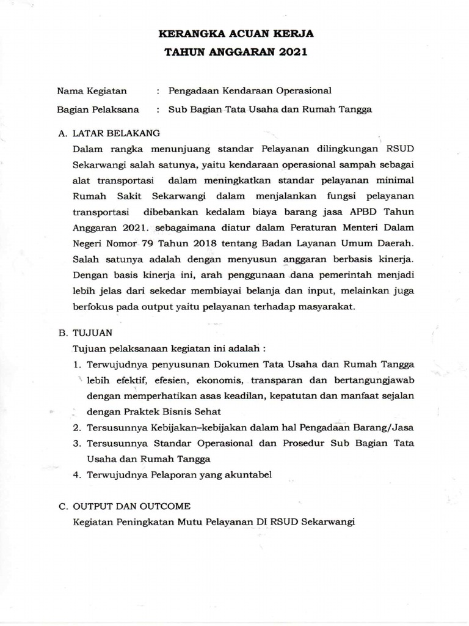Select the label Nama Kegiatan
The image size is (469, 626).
[x=92, y=91]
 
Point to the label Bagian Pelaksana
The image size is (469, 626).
[x=98, y=110]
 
